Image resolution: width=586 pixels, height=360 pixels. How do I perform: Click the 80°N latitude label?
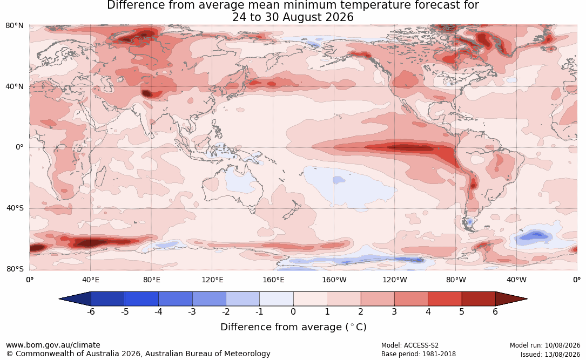point(14,26)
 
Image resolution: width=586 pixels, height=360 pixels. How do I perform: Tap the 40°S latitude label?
point(15,208)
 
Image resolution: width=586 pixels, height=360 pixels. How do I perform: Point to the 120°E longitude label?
point(212,280)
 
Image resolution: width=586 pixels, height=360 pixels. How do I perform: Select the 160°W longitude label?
point(334,280)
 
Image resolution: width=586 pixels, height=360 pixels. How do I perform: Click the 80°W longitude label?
point(456,280)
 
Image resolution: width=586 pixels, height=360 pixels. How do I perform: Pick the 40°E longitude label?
point(90,280)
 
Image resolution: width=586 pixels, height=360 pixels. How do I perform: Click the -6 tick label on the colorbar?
point(91,311)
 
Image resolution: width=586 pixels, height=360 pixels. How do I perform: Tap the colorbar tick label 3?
point(394,311)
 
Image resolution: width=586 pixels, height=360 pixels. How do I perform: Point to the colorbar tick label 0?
point(293,311)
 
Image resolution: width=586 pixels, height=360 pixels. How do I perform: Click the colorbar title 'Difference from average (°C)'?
point(293,327)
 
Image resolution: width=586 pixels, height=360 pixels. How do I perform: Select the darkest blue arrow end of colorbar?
point(75,299)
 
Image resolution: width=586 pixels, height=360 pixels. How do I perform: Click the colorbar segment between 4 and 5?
point(444,299)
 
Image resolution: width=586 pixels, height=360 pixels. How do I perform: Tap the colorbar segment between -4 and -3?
point(176,299)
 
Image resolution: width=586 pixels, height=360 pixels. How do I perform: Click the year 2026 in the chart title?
point(339,17)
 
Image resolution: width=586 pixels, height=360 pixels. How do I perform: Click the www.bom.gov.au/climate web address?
point(53,345)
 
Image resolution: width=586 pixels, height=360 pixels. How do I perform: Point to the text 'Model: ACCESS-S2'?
point(409,345)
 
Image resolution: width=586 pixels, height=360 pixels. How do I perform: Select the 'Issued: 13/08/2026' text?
point(550,354)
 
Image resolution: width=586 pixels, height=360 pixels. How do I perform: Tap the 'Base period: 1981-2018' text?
point(419,354)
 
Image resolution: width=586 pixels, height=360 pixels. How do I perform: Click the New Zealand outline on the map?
point(291,210)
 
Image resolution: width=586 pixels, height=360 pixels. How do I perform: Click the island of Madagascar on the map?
point(100,175)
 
